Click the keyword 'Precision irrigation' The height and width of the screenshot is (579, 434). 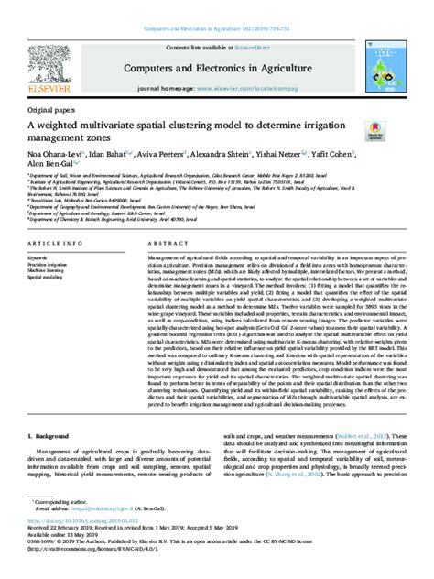(50, 266)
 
